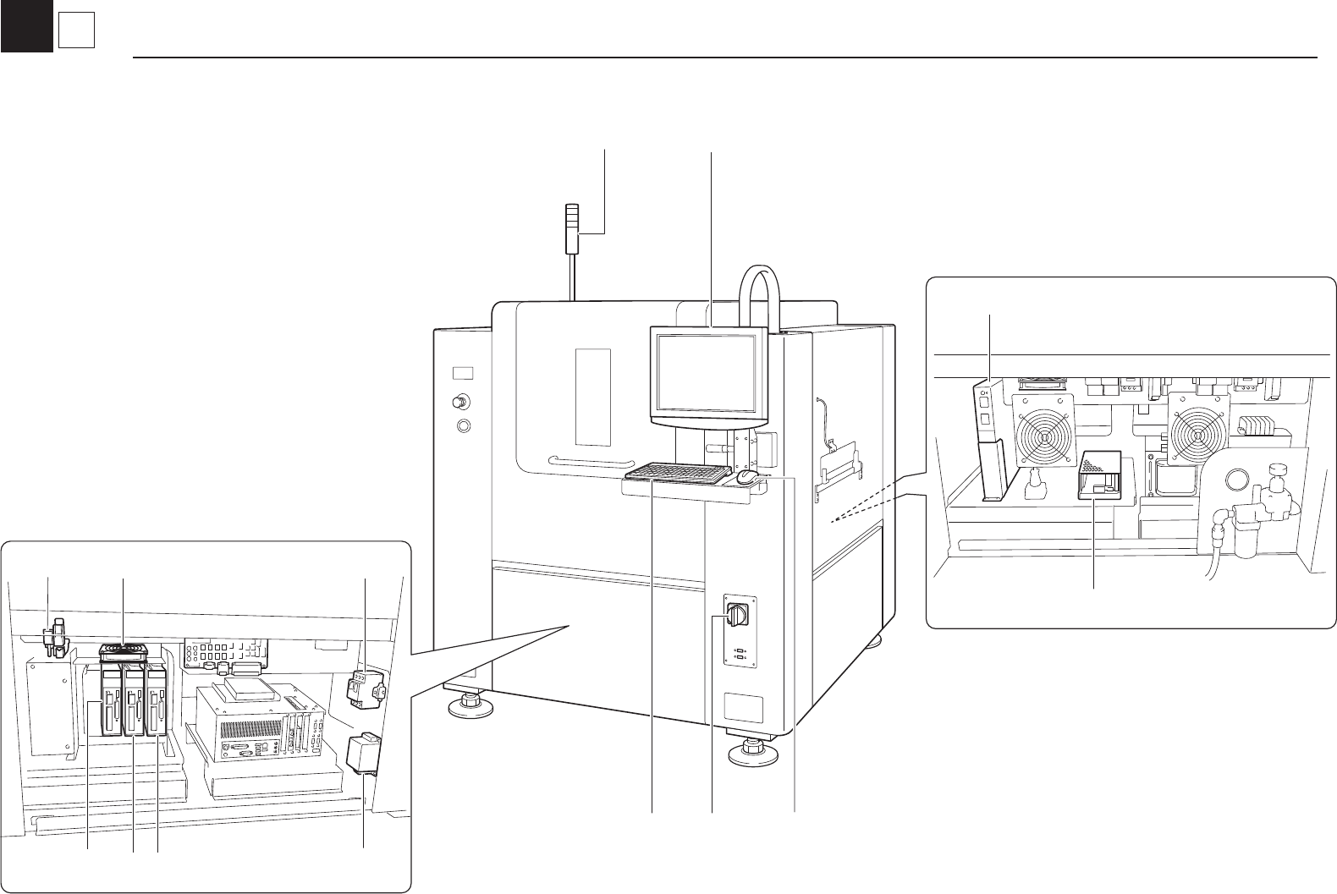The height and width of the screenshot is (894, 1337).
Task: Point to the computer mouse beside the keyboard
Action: [747, 477]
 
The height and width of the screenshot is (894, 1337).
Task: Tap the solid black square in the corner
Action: [26, 25]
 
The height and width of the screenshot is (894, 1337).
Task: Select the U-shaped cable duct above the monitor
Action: [758, 296]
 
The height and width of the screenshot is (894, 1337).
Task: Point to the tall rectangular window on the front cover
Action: [591, 396]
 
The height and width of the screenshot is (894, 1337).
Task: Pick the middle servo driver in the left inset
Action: [134, 699]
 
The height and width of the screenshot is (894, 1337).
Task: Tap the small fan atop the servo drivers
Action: [124, 650]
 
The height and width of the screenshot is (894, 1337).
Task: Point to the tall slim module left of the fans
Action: [988, 440]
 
